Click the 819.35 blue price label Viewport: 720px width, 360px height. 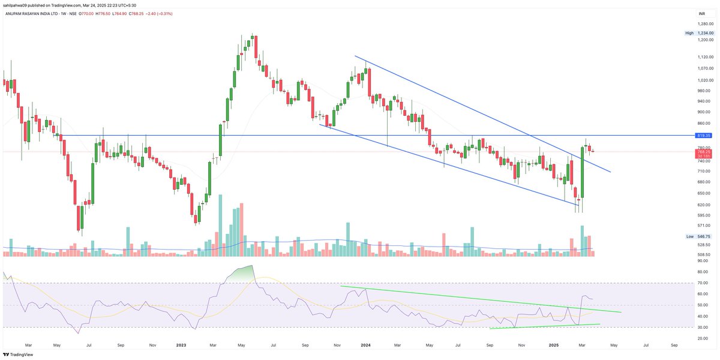click(704, 136)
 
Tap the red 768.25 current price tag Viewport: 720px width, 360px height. click(704, 152)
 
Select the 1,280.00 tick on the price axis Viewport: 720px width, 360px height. click(705, 25)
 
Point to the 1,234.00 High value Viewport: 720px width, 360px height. click(704, 33)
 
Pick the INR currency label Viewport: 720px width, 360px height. click(701, 13)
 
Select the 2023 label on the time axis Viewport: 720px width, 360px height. click(181, 346)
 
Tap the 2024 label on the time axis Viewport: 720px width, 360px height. click(365, 346)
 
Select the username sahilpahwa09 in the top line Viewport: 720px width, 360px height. click(16, 5)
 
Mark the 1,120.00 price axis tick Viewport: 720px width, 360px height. click(705, 57)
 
